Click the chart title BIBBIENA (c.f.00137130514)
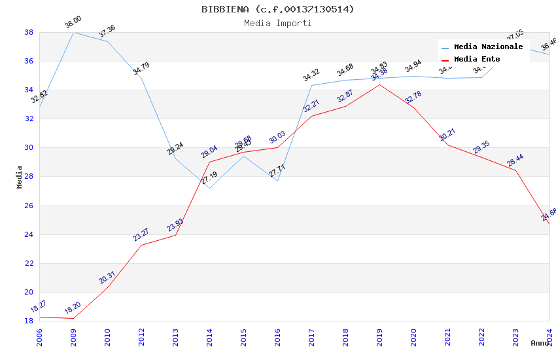(x=278, y=9)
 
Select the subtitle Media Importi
(x=278, y=23)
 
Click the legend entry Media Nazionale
(x=488, y=46)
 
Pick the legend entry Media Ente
(x=477, y=59)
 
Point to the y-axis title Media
(x=20, y=177)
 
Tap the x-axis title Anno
(x=540, y=343)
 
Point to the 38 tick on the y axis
(x=29, y=32)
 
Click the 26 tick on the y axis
(x=29, y=206)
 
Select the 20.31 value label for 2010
(x=107, y=278)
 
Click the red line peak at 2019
(x=379, y=84)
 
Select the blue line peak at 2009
(x=73, y=32)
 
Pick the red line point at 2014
(x=209, y=162)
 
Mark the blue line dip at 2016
(x=277, y=181)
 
